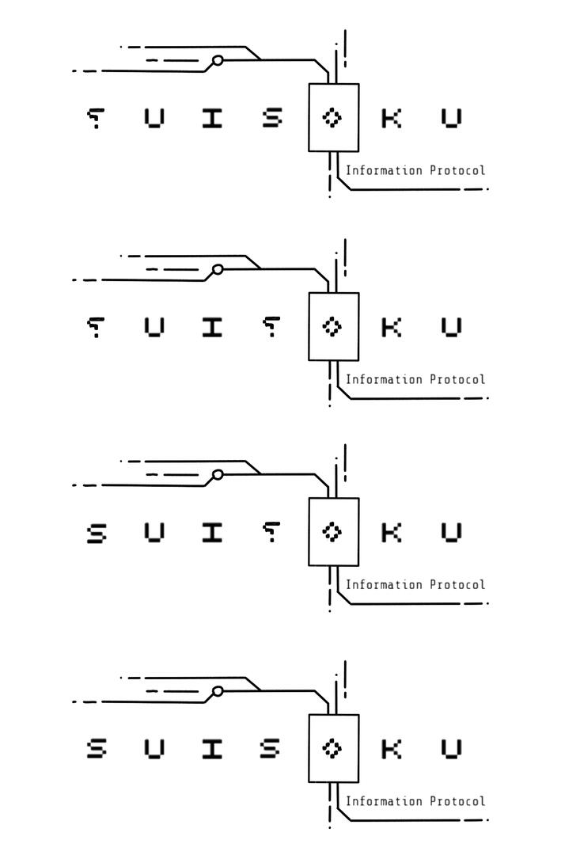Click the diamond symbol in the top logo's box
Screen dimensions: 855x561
click(x=332, y=118)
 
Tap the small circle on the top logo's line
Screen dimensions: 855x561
click(x=218, y=60)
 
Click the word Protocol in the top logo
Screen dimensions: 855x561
click(x=457, y=170)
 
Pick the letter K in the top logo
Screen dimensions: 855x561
click(x=391, y=119)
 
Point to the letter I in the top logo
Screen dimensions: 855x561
click(x=211, y=119)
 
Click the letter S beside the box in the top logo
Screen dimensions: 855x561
click(x=272, y=119)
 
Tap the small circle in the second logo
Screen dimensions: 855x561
click(x=218, y=269)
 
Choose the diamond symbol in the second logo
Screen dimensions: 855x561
click(x=332, y=327)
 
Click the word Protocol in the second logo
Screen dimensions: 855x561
click(x=457, y=379)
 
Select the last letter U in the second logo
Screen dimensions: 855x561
click(x=451, y=327)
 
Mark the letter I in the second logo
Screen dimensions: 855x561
click(x=211, y=327)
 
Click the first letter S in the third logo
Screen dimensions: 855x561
click(x=96, y=533)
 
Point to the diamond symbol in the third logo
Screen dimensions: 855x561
click(x=332, y=532)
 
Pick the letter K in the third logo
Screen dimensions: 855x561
click(x=391, y=533)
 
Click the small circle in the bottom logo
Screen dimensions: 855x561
click(x=218, y=691)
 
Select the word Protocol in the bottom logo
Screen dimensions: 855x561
click(x=457, y=801)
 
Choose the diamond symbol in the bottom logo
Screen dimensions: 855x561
click(x=332, y=748)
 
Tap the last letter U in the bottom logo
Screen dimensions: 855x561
click(x=451, y=749)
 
